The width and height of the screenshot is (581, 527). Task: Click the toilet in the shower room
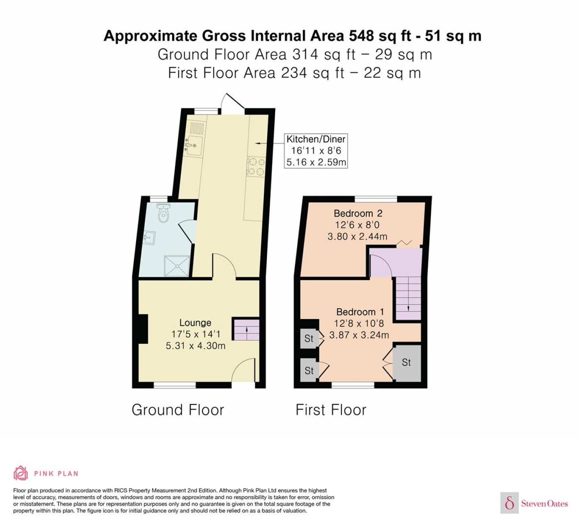click(x=164, y=212)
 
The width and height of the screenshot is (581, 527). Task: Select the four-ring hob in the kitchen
click(x=256, y=166)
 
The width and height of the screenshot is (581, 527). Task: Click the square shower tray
click(x=177, y=266)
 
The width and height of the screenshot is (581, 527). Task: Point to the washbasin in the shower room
click(x=150, y=238)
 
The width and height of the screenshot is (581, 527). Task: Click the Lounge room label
click(x=195, y=322)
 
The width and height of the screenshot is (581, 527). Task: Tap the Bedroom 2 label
click(x=358, y=213)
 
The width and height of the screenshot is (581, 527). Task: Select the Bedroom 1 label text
click(x=360, y=312)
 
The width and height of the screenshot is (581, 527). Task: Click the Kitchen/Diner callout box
click(x=316, y=151)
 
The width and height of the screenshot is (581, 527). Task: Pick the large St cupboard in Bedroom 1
click(x=407, y=363)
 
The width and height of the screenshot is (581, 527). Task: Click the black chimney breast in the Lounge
click(x=143, y=329)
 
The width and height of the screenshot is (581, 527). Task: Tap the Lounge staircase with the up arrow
click(x=247, y=330)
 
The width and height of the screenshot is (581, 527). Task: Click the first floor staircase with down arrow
click(x=408, y=298)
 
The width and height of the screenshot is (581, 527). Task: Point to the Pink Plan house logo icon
click(x=21, y=473)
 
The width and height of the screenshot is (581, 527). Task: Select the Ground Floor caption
click(x=178, y=410)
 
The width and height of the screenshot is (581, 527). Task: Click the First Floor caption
click(x=331, y=410)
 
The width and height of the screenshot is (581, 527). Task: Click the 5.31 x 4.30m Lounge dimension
click(x=195, y=346)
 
